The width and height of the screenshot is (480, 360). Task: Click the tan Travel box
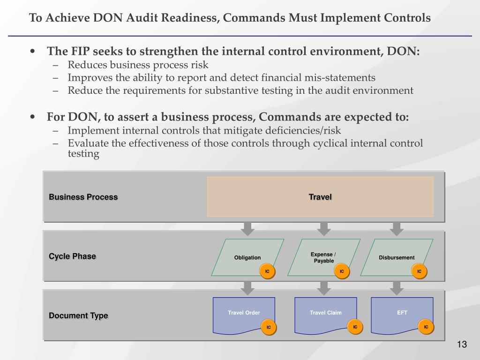tap(320, 196)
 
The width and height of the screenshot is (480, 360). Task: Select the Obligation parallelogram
tap(247, 257)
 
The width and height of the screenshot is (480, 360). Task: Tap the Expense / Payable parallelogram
tap(323, 257)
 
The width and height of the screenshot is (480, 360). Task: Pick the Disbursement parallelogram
tap(397, 257)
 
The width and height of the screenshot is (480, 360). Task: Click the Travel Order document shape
tap(244, 315)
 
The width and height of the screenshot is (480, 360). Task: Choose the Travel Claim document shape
tap(325, 315)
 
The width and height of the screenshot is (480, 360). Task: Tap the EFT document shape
tap(402, 315)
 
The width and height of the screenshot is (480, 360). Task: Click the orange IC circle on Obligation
tap(267, 271)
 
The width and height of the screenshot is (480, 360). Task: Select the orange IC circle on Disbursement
tap(419, 271)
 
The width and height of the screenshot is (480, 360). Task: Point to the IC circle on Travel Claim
tap(355, 327)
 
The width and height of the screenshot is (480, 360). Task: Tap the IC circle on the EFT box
tap(426, 327)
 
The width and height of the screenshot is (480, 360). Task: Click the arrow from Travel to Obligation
tap(247, 229)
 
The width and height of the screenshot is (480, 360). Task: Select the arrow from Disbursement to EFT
tap(397, 288)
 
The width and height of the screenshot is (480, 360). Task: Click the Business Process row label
tap(83, 197)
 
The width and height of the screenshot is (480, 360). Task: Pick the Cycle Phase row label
tap(72, 256)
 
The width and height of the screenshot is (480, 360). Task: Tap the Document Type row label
tap(78, 315)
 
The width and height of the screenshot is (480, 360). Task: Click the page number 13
tap(462, 345)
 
